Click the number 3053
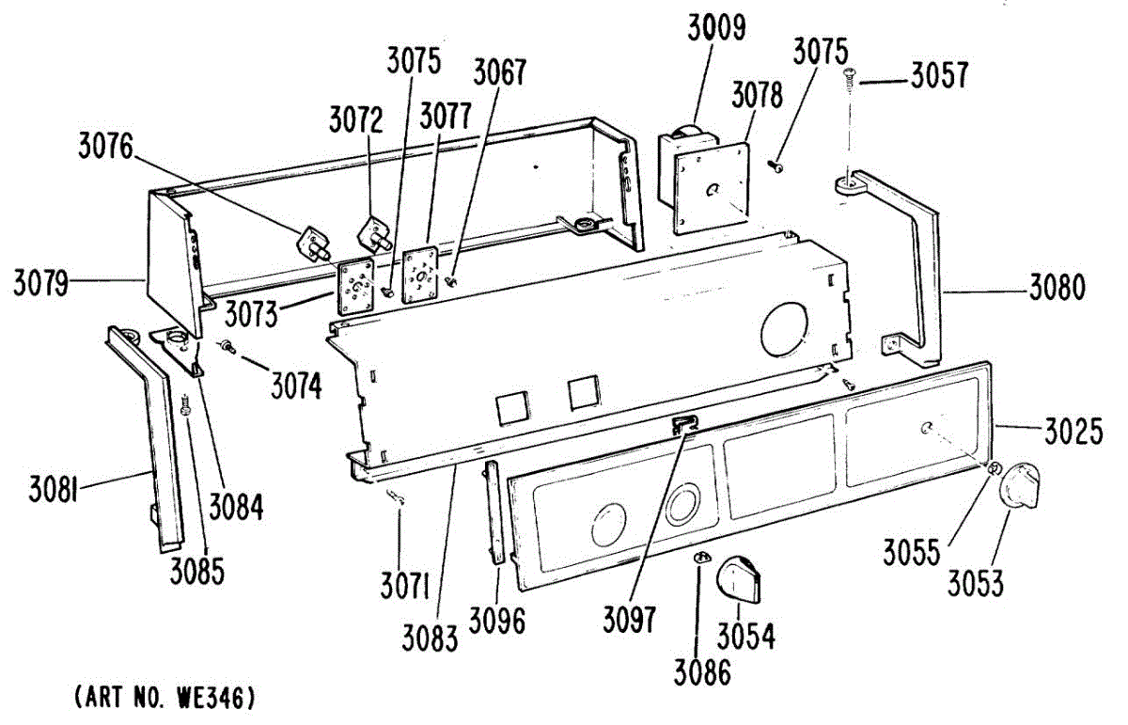tap(975, 583)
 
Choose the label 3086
tap(701, 673)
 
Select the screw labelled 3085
tap(186, 407)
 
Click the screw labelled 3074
tap(227, 349)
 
